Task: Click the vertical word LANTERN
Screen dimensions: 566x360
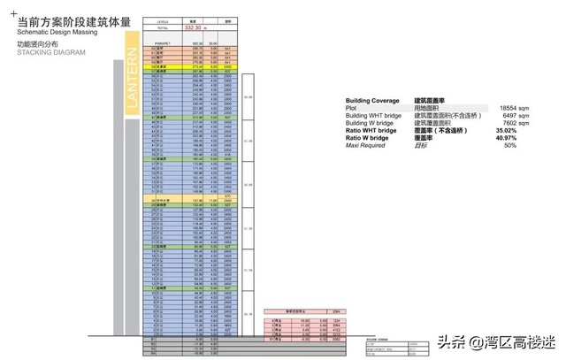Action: tap(133, 80)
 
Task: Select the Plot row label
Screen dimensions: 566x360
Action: tap(352, 109)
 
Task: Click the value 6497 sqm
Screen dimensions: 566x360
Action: tap(503, 116)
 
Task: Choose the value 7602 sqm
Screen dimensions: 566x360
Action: tap(503, 123)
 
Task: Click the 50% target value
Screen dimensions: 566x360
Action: tap(509, 145)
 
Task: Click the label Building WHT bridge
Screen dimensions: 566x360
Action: tap(375, 116)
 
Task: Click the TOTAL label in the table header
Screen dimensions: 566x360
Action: tap(162, 27)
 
